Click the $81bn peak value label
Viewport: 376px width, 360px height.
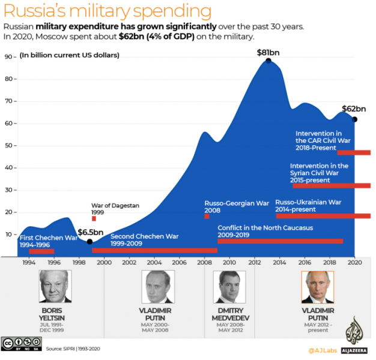(x=268, y=52)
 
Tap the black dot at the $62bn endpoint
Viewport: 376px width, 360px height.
(x=355, y=119)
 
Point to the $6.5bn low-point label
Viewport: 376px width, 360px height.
(x=90, y=232)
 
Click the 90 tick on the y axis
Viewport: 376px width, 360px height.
(x=9, y=57)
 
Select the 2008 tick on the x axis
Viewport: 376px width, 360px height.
(x=204, y=262)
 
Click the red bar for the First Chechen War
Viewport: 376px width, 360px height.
(x=41, y=251)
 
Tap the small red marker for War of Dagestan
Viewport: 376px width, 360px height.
(x=94, y=218)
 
